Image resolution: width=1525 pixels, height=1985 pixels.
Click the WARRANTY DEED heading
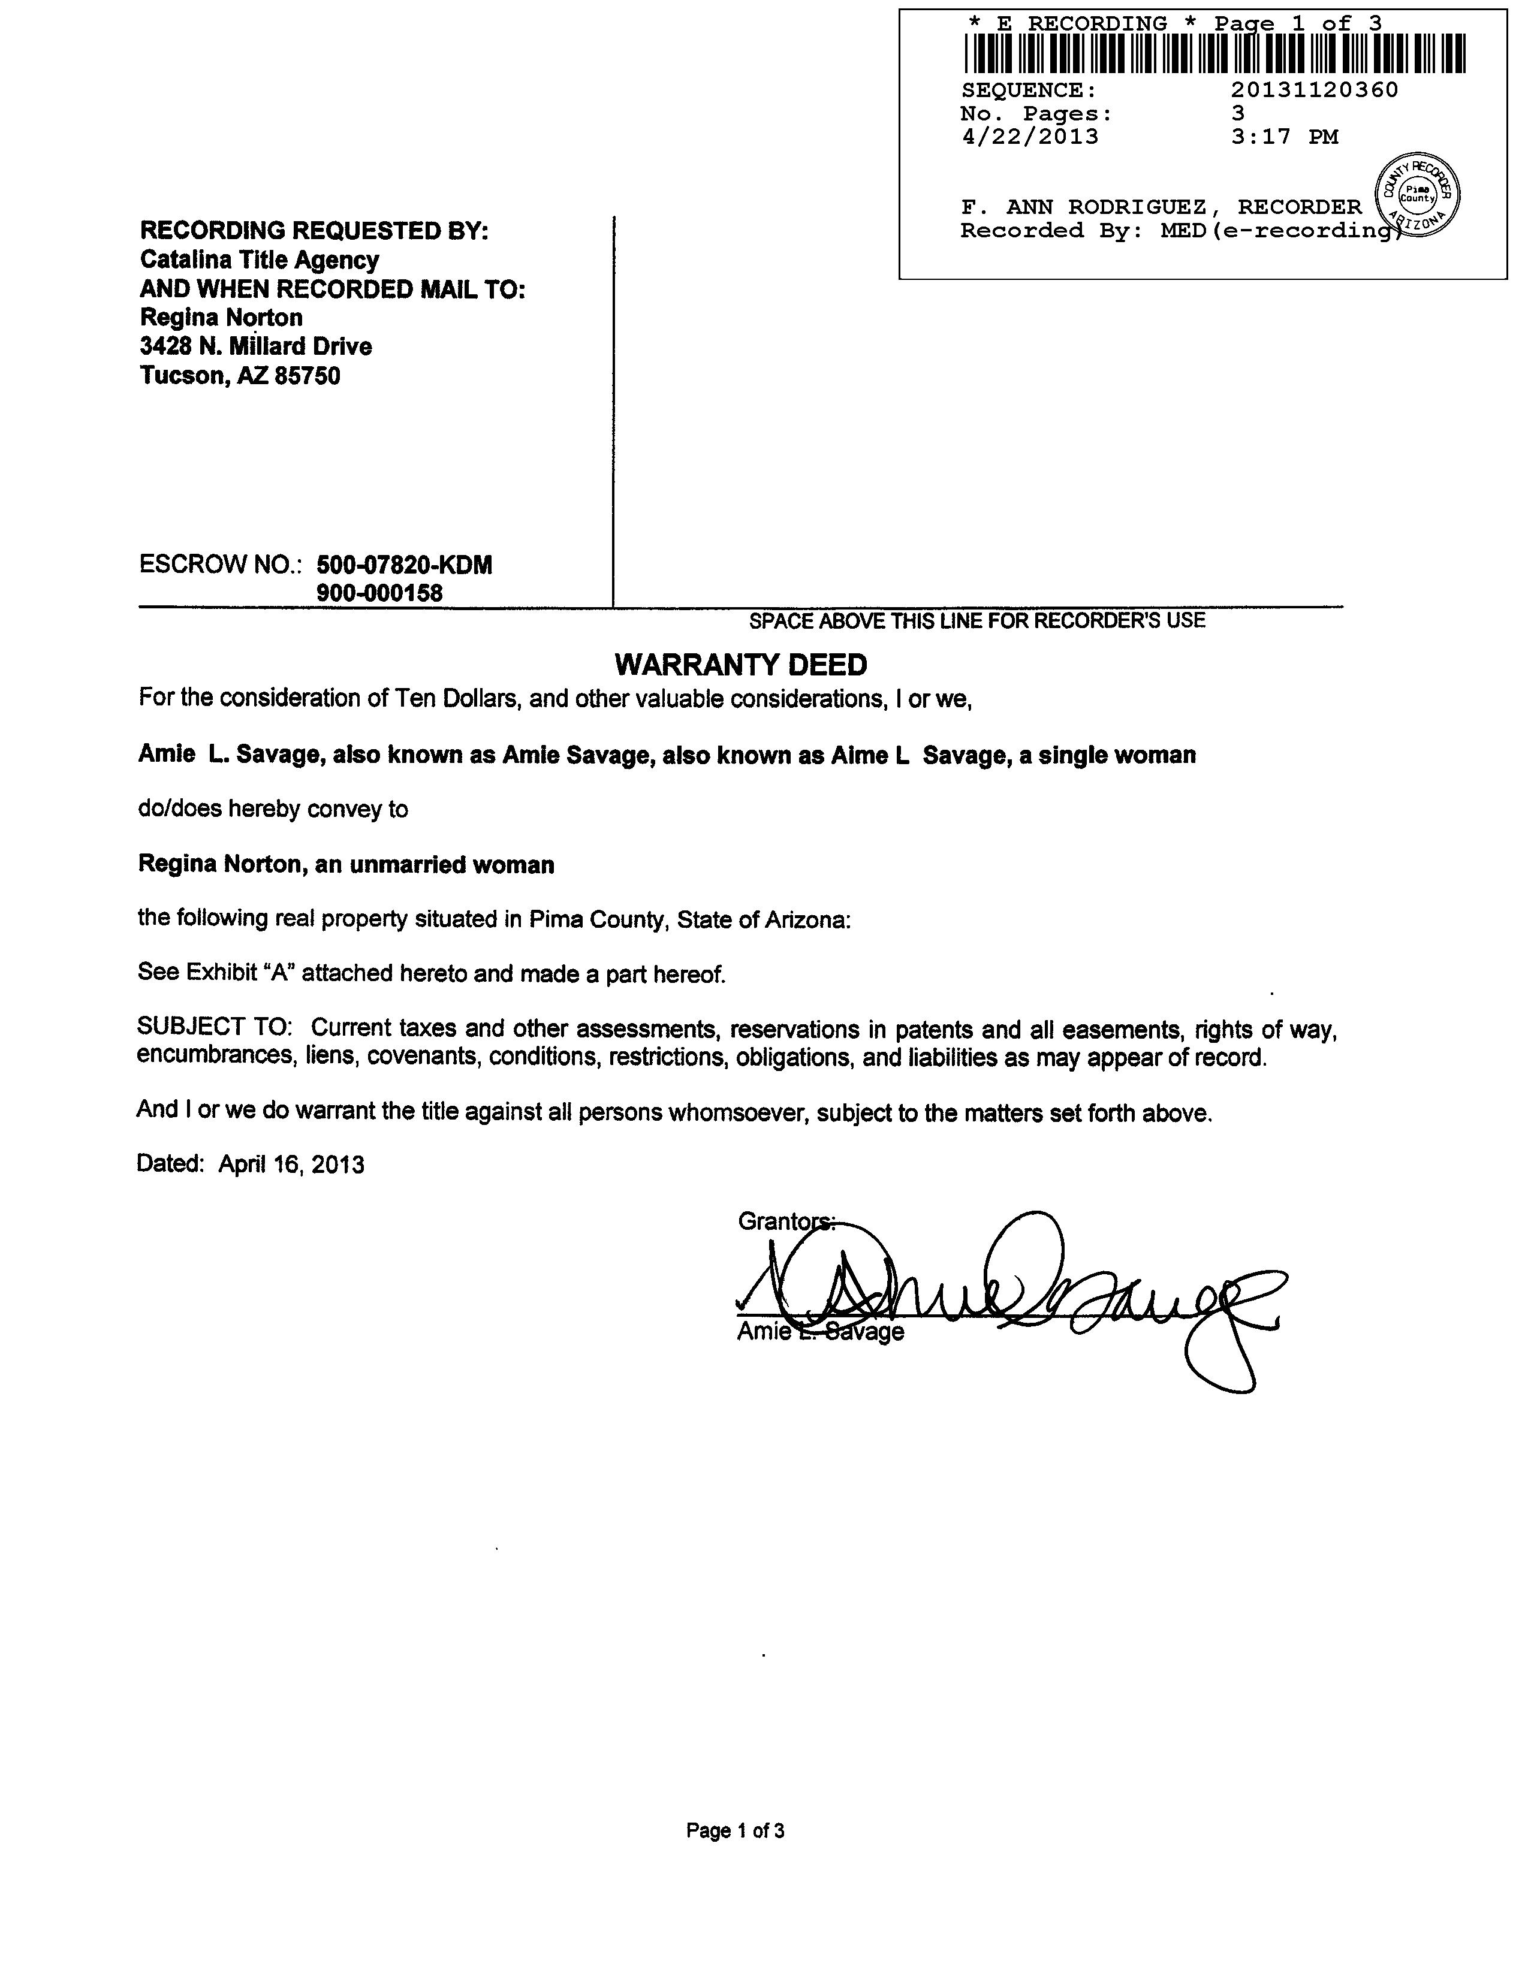pos(741,665)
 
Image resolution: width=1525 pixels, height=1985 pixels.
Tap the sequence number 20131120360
pos(1315,90)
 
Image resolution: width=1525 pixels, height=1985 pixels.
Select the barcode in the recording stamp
pos(1214,53)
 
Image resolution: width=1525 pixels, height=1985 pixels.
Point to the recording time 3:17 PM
pos(1285,137)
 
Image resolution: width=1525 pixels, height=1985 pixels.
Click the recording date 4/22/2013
pos(1029,137)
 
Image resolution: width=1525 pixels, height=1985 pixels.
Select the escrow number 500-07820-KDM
pos(404,565)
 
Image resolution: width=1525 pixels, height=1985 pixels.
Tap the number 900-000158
pos(379,593)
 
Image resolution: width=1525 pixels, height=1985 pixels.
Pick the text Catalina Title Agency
pos(260,261)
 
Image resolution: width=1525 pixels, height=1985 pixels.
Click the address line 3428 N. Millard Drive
pos(256,347)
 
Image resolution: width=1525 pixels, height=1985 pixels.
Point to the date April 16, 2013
pos(291,1165)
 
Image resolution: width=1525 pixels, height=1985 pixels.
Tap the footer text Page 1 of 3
pos(736,1831)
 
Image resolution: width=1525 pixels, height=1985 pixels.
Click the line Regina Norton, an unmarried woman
pos(346,864)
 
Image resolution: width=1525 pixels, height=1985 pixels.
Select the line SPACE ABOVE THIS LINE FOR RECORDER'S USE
pos(977,621)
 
